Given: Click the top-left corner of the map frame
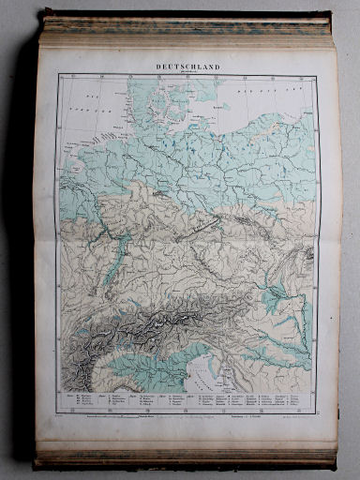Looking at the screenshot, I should [x=58, y=76].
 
